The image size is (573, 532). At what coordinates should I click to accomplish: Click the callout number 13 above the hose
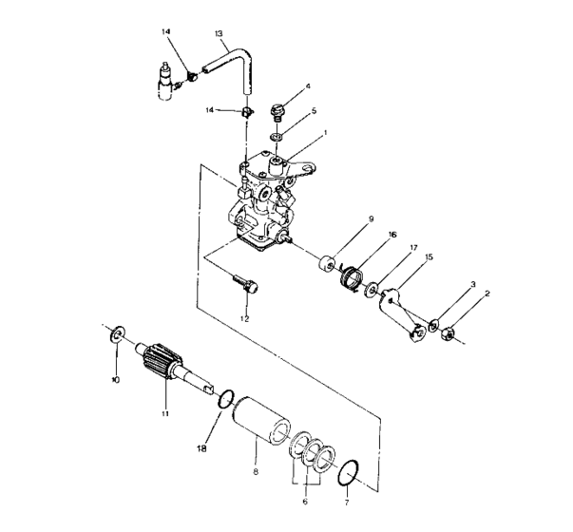220,33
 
